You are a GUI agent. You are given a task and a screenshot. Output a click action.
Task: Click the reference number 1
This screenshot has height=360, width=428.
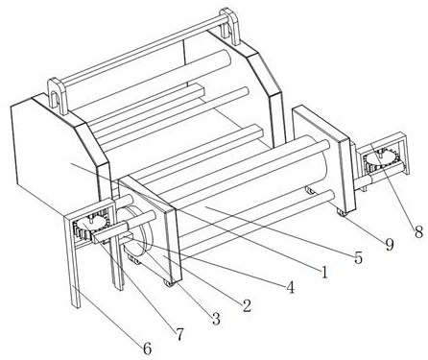pyautogui.click(x=324, y=272)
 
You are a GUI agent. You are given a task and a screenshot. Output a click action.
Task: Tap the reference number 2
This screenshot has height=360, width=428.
pyautogui.click(x=247, y=305)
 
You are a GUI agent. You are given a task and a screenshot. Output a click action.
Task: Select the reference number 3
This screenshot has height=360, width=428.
pyautogui.click(x=216, y=319)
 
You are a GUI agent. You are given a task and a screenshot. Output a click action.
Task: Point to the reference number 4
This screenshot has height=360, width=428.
pyautogui.click(x=290, y=287)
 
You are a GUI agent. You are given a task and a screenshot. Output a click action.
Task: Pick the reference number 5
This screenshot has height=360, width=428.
pyautogui.click(x=358, y=257)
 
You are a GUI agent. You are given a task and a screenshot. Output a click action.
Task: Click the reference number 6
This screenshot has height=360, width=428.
pyautogui.click(x=147, y=348)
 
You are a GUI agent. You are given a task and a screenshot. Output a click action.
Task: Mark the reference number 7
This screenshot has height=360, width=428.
pyautogui.click(x=179, y=334)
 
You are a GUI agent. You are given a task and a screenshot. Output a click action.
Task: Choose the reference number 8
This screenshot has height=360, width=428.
pyautogui.click(x=418, y=231)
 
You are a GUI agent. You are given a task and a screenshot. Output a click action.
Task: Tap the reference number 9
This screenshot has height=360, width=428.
pyautogui.click(x=389, y=245)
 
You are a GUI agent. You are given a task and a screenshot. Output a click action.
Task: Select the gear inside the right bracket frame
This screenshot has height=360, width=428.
pyautogui.click(x=382, y=160)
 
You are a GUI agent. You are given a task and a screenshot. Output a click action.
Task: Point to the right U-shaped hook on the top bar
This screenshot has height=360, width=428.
pyautogui.click(x=230, y=26)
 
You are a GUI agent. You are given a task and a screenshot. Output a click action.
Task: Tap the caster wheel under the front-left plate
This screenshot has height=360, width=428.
pyautogui.click(x=169, y=284)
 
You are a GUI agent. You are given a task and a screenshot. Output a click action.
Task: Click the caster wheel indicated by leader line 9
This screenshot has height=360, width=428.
pyautogui.click(x=343, y=213)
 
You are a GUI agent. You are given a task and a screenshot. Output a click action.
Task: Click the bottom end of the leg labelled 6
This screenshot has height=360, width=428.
pyautogui.click(x=77, y=305)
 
